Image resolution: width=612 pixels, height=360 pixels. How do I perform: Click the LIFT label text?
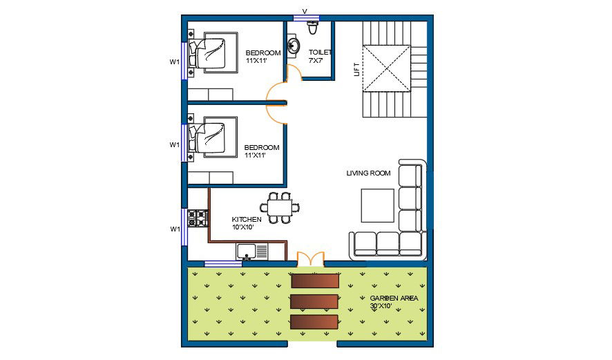coord(356,69)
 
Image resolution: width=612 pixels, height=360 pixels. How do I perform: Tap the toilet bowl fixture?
coord(313,28)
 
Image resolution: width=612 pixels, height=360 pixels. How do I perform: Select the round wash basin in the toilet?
coord(294,46)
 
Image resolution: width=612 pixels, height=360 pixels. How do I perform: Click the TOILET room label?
coord(320,53)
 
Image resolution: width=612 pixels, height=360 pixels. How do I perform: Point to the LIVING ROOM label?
coord(368,173)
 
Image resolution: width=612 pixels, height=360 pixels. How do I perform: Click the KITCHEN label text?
coord(246,220)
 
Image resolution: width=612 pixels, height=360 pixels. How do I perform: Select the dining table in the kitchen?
coord(280,207)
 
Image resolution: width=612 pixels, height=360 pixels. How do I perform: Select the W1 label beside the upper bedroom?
coord(175,62)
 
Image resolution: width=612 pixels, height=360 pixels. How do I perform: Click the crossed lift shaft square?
coord(388,68)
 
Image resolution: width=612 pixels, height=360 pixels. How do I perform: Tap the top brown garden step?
coord(315,281)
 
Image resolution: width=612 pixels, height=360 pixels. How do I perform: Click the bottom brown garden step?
coord(314,322)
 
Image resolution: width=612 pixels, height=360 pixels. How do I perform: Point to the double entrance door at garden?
coord(310,259)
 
